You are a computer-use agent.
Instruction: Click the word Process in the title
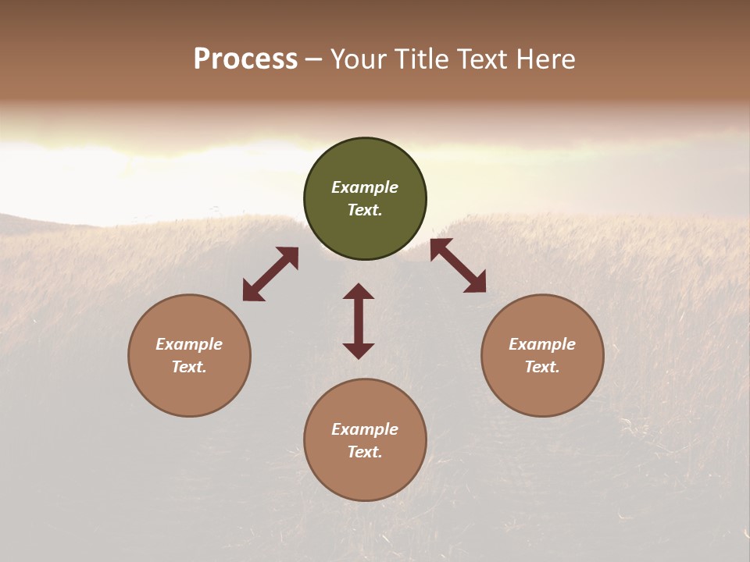click(x=245, y=59)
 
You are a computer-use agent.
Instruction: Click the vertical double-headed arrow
click(x=359, y=321)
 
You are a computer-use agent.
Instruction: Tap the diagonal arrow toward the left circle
click(x=270, y=274)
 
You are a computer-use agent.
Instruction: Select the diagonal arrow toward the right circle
click(x=458, y=265)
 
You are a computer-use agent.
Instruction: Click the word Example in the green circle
click(x=365, y=187)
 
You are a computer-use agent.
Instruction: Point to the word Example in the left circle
click(x=189, y=344)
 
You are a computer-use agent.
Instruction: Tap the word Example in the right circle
click(x=542, y=344)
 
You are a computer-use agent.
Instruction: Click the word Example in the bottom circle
click(x=365, y=429)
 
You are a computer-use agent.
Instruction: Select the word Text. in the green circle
click(x=365, y=210)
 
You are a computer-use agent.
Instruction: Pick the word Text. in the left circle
click(x=189, y=367)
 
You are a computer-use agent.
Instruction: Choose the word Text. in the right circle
click(x=542, y=367)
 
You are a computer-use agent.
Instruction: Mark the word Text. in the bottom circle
click(x=365, y=452)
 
